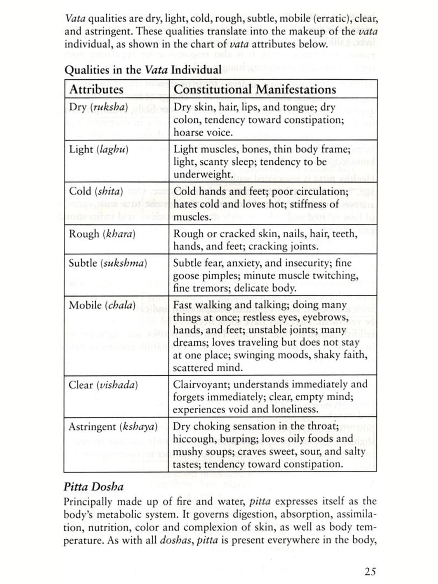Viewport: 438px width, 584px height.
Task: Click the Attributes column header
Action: point(96,89)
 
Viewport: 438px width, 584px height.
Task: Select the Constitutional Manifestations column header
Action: point(255,89)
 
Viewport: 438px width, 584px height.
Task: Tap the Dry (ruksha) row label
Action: point(98,107)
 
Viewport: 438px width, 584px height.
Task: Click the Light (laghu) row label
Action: point(98,150)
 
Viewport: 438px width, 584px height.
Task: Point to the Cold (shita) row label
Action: point(96,192)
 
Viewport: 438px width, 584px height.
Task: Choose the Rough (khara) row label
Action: point(102,234)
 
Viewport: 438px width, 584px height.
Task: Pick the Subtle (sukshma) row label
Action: point(108,263)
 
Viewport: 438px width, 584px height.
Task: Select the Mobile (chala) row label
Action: point(102,305)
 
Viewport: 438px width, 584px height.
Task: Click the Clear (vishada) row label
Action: point(103,385)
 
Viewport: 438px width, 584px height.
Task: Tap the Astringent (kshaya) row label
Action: point(113,427)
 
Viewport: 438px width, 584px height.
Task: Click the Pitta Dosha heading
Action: point(93,487)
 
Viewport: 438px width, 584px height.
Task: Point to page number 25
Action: point(370,571)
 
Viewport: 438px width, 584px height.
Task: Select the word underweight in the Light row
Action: point(202,174)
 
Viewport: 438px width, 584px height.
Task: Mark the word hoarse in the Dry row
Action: point(188,133)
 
